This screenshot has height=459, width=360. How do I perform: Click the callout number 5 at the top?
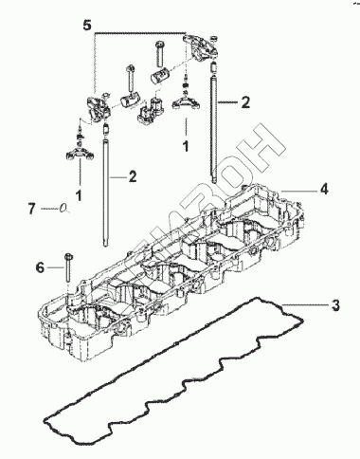[x=87, y=26]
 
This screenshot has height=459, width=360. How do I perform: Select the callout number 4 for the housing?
[x=324, y=189]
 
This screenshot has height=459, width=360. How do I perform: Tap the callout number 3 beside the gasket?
[x=335, y=305]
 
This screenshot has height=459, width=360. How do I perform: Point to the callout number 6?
[x=40, y=267]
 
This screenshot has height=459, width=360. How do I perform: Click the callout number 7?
[x=31, y=209]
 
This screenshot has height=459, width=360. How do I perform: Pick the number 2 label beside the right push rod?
[x=245, y=102]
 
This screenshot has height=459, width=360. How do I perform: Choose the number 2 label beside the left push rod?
[x=133, y=176]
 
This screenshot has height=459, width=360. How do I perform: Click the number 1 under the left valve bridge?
[x=79, y=195]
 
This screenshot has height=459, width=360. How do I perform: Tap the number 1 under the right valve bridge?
[x=186, y=146]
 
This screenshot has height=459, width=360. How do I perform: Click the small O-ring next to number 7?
[x=63, y=208]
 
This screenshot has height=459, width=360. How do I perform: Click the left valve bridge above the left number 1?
[x=80, y=154]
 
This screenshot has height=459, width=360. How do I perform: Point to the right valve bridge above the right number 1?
[x=186, y=102]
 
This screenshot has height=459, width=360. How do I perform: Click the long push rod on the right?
[x=214, y=123]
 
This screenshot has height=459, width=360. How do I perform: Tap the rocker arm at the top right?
[x=200, y=46]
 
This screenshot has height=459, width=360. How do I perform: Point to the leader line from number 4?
[x=299, y=191]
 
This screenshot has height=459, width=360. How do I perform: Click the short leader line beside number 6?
[x=55, y=267]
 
